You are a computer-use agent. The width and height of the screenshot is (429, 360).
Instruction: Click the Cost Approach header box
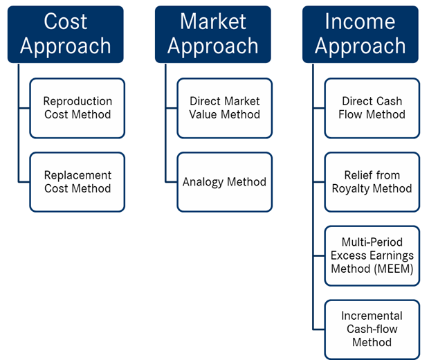point(66,35)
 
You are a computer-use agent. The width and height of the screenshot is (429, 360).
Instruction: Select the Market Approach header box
point(213,35)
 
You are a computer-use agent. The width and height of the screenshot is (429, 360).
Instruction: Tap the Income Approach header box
point(360,35)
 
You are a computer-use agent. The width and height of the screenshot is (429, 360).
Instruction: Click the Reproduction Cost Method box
point(77,108)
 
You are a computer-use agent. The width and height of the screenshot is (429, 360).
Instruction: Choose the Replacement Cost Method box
point(77,182)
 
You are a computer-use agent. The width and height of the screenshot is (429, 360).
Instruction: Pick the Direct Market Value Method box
point(225,108)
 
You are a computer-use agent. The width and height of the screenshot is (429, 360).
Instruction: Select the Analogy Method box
point(225,182)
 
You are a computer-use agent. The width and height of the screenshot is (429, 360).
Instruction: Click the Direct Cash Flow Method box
point(372,108)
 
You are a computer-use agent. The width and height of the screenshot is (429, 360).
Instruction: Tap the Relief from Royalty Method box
point(372,182)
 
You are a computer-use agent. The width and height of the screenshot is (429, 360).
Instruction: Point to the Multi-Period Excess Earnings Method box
point(372,255)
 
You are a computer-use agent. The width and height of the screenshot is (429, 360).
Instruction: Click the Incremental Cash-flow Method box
point(372,330)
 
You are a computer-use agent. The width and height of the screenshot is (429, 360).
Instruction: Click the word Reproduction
point(77,102)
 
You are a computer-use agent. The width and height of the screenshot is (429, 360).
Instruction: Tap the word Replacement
point(77,176)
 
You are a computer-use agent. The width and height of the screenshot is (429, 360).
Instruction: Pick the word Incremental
point(372,316)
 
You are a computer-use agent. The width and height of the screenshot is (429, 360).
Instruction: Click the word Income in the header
point(360,21)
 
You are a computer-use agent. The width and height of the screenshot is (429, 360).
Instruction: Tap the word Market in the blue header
point(213,21)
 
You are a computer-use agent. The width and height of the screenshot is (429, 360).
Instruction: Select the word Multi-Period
point(372,242)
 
